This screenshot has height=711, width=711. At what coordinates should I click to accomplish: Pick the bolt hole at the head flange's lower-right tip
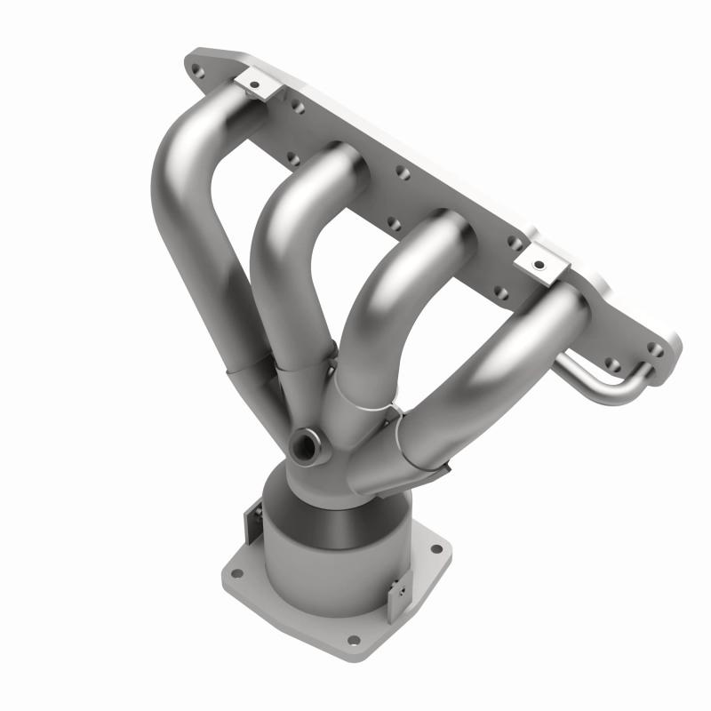(x=657, y=349)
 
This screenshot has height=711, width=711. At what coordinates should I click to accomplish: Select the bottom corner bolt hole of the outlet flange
(x=354, y=638)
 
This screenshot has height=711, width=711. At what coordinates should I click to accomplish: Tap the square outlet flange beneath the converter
(x=293, y=613)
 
